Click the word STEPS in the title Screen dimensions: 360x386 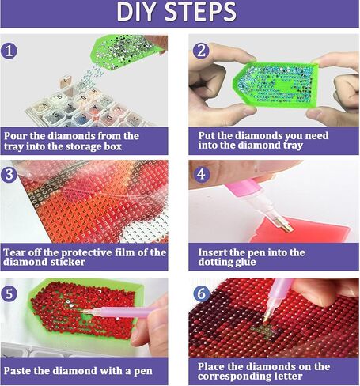tap(201, 12)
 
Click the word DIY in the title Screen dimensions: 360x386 tap(136, 12)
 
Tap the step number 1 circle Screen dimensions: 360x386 tap(9, 51)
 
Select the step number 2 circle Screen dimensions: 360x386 tap(201, 51)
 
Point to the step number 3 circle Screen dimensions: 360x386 tap(9, 174)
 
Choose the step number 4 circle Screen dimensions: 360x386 tap(201, 174)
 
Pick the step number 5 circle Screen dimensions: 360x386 tap(9, 293)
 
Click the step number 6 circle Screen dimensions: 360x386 tap(201, 293)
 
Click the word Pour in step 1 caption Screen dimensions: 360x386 tap(15, 136)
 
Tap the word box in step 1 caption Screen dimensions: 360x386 tap(113, 146)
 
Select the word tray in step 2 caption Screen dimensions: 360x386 tap(291, 146)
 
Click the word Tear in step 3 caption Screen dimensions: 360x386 tap(13, 252)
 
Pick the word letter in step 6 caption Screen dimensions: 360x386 tap(287, 376)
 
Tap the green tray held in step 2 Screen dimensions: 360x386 tap(275, 85)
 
